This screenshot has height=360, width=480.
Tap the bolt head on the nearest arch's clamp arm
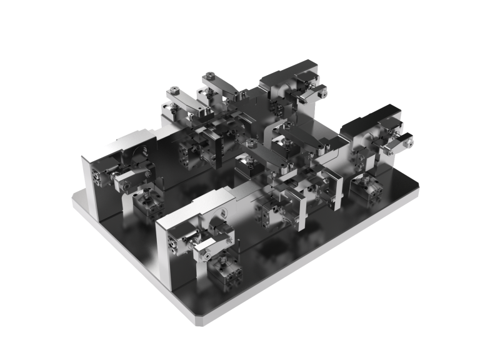coord(204,255)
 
